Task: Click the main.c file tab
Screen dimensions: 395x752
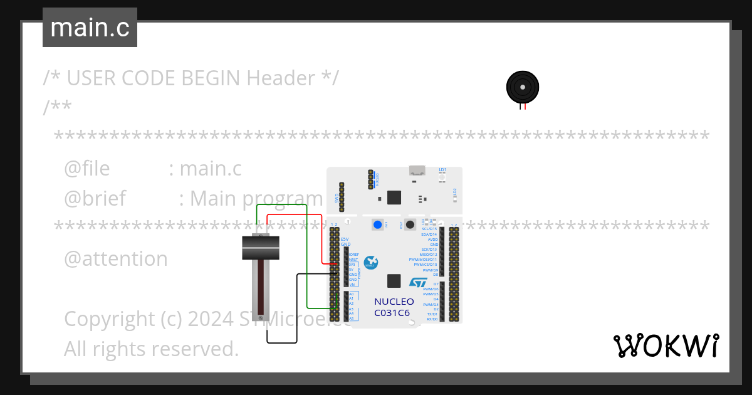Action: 90,28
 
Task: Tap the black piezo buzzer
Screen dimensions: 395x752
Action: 522,87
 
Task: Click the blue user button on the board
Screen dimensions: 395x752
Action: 377,224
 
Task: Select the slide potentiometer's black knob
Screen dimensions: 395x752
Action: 260,247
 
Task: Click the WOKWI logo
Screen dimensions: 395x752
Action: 666,345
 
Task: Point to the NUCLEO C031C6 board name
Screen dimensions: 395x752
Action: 394,307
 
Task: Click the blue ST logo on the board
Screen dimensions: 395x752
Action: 418,284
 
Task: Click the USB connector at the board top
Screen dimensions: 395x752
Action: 416,170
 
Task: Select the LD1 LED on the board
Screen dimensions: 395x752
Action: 442,177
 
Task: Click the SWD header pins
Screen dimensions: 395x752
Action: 342,197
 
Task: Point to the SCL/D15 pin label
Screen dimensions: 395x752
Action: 429,229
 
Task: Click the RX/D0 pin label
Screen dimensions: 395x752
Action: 432,319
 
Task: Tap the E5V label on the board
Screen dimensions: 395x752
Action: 345,239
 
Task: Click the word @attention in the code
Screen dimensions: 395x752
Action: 116,258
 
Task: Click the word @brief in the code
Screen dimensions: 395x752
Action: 95,198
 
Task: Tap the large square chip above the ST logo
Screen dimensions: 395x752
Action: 394,280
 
